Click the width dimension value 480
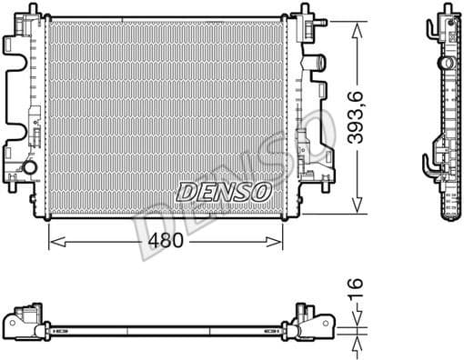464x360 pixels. click(x=167, y=241)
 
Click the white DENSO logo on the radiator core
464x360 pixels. click(x=222, y=192)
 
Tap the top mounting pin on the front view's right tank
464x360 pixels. click(x=302, y=11)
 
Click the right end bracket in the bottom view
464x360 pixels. click(x=309, y=322)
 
